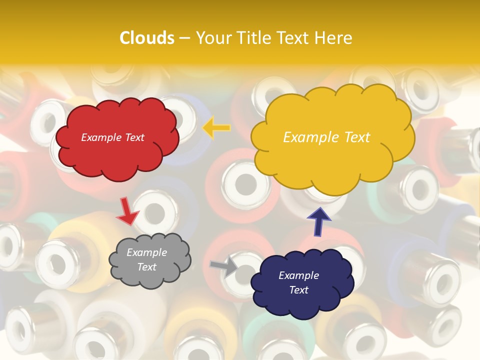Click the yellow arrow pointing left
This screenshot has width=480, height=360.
click(x=216, y=128)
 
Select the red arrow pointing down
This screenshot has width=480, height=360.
click(x=127, y=211)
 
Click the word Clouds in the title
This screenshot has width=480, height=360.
click(x=146, y=38)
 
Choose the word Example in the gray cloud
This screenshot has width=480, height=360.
click(x=146, y=252)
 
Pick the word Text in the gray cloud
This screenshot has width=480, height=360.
click(x=146, y=267)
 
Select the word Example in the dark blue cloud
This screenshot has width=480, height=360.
click(x=298, y=275)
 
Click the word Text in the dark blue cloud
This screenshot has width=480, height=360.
click(x=298, y=290)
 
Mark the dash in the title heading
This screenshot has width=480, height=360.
click(x=184, y=38)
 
